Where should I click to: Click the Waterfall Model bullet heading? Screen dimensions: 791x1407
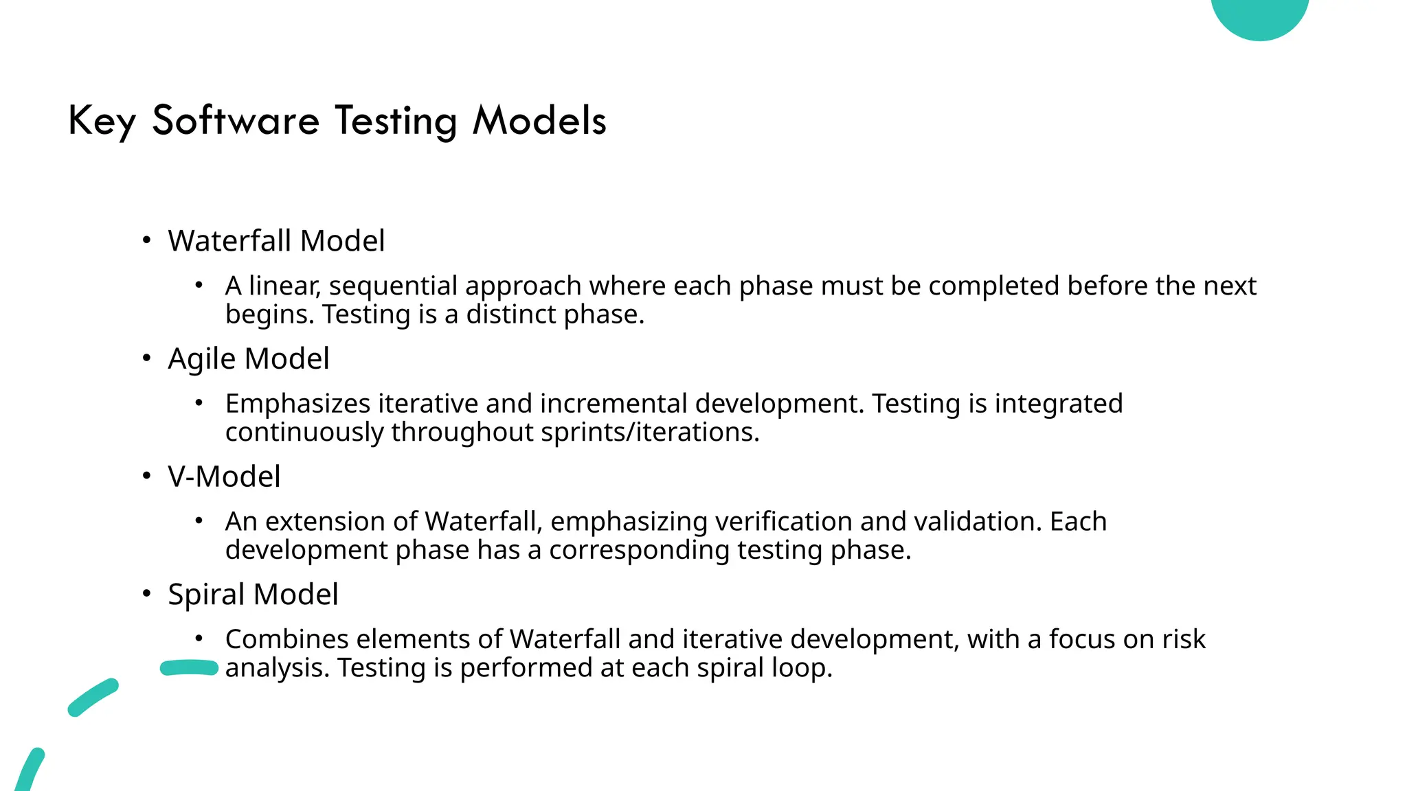(x=276, y=241)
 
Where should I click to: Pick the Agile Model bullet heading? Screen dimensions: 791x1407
(x=249, y=359)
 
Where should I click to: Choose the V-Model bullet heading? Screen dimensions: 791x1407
(x=224, y=477)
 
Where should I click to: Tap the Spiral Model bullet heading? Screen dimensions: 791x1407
(x=253, y=595)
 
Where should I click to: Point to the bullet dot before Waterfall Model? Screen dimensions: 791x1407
(x=146, y=240)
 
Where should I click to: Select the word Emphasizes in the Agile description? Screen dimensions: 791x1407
(x=298, y=404)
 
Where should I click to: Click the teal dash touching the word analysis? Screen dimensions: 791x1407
(x=189, y=668)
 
